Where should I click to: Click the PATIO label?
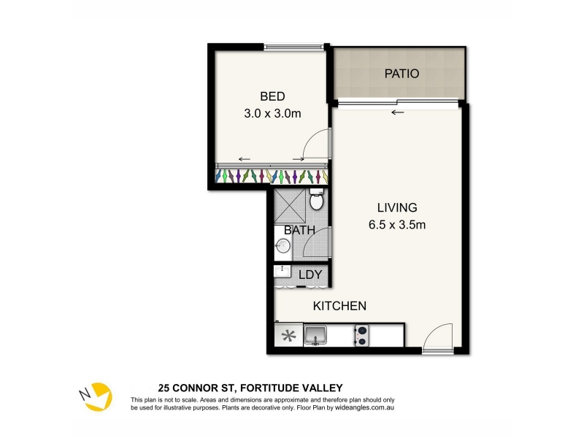coord(401,74)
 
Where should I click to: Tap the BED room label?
coord(272,96)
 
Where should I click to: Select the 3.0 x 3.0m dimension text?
coord(272,113)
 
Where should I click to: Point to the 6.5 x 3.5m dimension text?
coord(397,225)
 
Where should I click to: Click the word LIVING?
coord(397,207)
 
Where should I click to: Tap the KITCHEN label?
coord(339,306)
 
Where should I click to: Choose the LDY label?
coord(310,274)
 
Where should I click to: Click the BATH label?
coord(299,230)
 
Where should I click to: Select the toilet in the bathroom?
coord(317,199)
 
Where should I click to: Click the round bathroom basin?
coord(283,246)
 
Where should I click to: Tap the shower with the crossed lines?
coord(290,206)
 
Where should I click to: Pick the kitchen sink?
coord(315,335)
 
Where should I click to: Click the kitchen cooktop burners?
coord(361,336)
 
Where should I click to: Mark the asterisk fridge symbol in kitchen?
coord(288,336)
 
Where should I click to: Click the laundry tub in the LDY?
coord(282,271)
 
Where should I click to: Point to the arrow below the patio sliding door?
coord(397,112)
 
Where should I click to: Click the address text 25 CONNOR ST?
coord(196,388)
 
